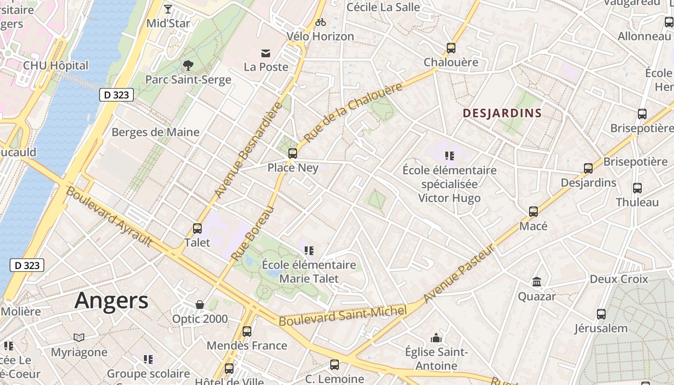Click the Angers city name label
(x=111, y=300)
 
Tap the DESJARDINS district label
(x=502, y=113)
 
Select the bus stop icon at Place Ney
(x=292, y=154)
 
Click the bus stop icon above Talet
(x=197, y=228)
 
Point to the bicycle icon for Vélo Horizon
(x=320, y=22)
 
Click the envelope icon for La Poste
(x=266, y=53)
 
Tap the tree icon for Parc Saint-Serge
(x=188, y=65)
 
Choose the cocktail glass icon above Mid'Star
(x=168, y=9)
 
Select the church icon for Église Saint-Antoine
(x=436, y=338)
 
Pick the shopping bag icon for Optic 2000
(x=200, y=305)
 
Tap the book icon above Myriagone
(x=79, y=338)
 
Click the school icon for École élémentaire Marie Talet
(x=309, y=250)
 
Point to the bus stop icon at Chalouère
(x=451, y=48)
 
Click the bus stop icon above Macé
(x=533, y=212)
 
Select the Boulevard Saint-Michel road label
(x=343, y=315)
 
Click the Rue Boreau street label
(x=252, y=233)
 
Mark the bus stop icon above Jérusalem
(x=601, y=314)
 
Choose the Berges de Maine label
(x=156, y=132)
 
